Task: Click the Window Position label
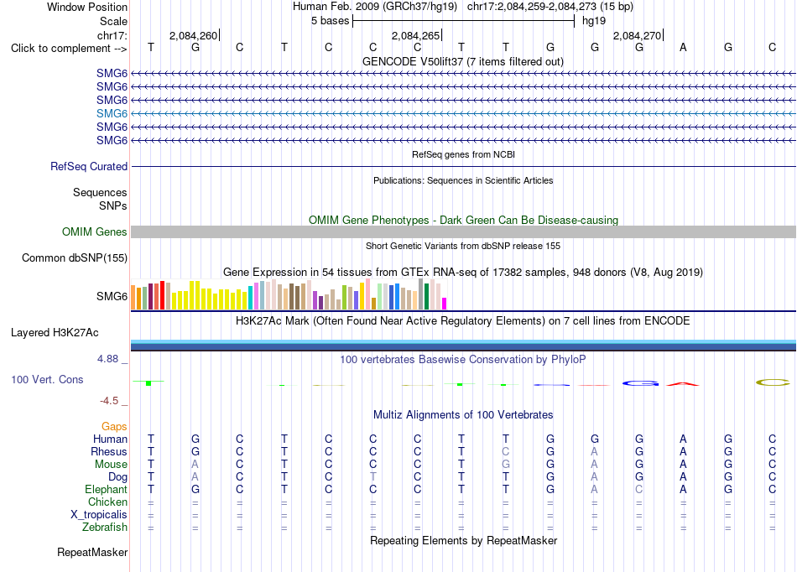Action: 87,7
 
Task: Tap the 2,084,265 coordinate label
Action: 415,35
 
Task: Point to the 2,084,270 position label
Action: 637,35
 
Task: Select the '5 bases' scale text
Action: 331,21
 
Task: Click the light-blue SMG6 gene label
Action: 112,113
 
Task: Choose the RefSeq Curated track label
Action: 89,166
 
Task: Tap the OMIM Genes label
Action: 95,231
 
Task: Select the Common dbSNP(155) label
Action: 75,257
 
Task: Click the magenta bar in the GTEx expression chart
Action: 445,304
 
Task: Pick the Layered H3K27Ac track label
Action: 55,333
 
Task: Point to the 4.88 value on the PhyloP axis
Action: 107,359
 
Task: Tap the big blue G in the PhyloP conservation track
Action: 640,383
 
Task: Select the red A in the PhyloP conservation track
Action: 683,384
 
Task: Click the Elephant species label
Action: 106,489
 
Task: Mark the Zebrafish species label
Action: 105,527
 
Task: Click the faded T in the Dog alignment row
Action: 373,476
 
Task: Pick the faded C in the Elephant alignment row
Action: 639,489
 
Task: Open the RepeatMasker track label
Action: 92,552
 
